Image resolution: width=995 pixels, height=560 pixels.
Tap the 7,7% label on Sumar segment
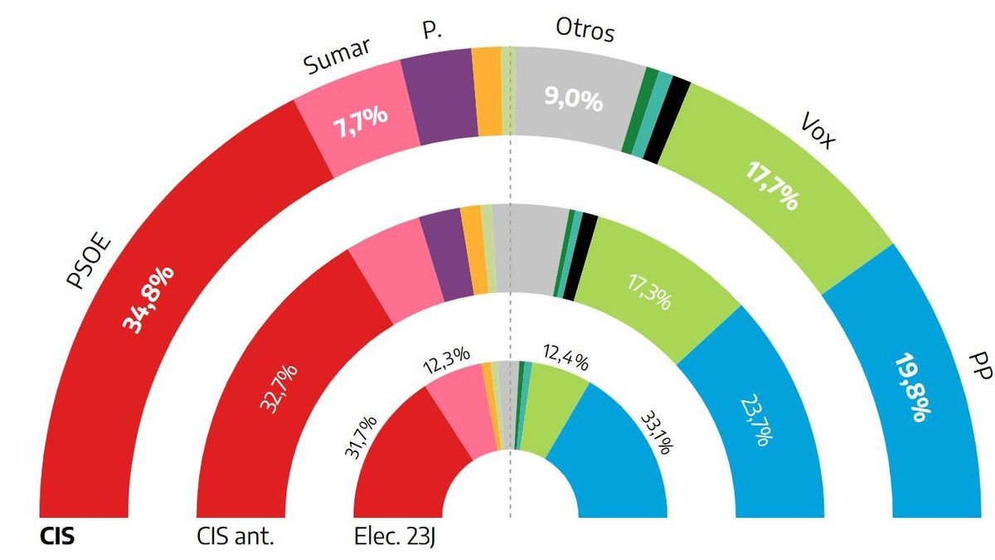pyautogui.click(x=361, y=121)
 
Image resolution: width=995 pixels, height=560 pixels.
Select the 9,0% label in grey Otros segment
pyautogui.click(x=571, y=101)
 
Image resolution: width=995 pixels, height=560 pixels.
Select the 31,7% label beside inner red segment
pyautogui.click(x=365, y=436)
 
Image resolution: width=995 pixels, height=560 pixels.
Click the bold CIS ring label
pyautogui.click(x=58, y=537)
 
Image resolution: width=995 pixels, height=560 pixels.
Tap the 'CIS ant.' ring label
pyautogui.click(x=236, y=537)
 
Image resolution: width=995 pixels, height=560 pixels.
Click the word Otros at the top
pyautogui.click(x=585, y=32)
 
